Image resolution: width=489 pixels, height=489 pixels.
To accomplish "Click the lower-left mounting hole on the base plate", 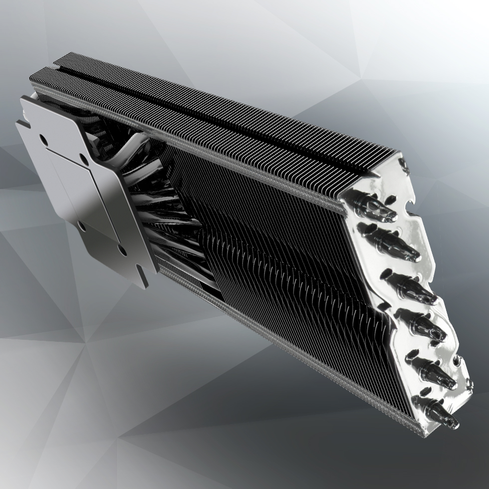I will point(82,228).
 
